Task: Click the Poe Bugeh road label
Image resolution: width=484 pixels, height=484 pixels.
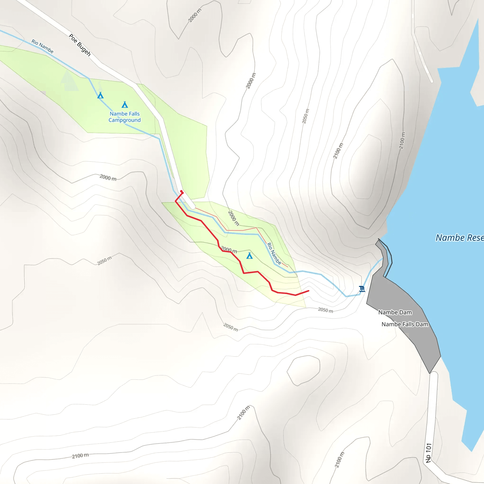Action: [80, 45]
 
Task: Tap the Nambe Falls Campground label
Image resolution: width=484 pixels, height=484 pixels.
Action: [125, 117]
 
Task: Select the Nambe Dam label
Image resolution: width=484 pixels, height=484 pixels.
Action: [395, 312]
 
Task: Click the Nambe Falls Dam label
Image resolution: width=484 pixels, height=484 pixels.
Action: [405, 324]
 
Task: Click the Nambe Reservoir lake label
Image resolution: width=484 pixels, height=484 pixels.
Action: [459, 238]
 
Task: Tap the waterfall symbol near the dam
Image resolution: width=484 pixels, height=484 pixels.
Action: [362, 289]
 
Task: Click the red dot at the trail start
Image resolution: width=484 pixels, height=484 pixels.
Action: [182, 192]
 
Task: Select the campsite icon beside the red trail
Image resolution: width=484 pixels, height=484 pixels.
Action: [249, 256]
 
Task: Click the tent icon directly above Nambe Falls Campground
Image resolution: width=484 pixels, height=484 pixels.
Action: [125, 104]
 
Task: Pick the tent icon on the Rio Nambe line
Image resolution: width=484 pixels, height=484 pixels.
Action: [100, 95]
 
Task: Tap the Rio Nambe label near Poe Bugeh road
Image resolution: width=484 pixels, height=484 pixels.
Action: [42, 46]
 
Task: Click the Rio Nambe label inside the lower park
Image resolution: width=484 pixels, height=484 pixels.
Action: [274, 254]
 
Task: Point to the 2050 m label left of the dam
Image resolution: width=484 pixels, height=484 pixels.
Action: [325, 310]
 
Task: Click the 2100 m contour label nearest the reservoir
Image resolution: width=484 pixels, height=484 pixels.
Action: [402, 141]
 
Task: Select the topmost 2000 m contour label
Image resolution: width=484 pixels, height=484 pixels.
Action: [195, 16]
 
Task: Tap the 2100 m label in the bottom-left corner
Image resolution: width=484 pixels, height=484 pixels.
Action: [80, 456]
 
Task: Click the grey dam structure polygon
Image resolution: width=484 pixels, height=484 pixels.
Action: [401, 301]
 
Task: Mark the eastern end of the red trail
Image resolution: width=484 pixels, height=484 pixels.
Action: [308, 291]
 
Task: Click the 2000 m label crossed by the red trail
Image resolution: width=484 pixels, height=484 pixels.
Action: [229, 250]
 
